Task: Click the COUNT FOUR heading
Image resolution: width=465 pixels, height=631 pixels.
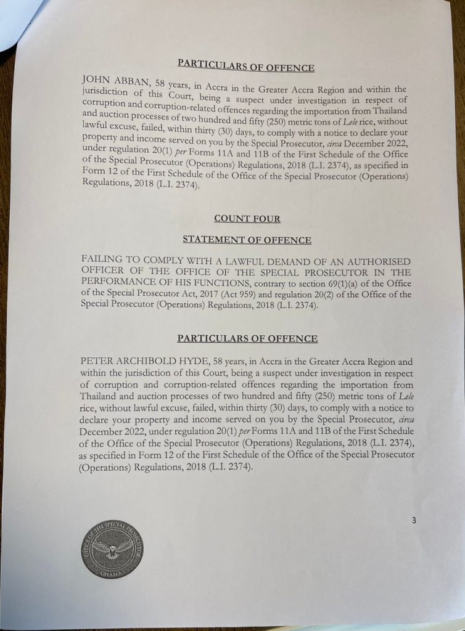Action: pyautogui.click(x=247, y=218)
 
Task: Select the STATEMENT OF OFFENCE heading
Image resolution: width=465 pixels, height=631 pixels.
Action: pyautogui.click(x=247, y=240)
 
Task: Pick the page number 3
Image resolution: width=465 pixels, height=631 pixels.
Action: pyautogui.click(x=414, y=520)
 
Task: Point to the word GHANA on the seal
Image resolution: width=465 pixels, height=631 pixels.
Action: pyautogui.click(x=112, y=574)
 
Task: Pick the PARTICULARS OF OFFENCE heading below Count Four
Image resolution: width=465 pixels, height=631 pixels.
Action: pyautogui.click(x=247, y=339)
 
